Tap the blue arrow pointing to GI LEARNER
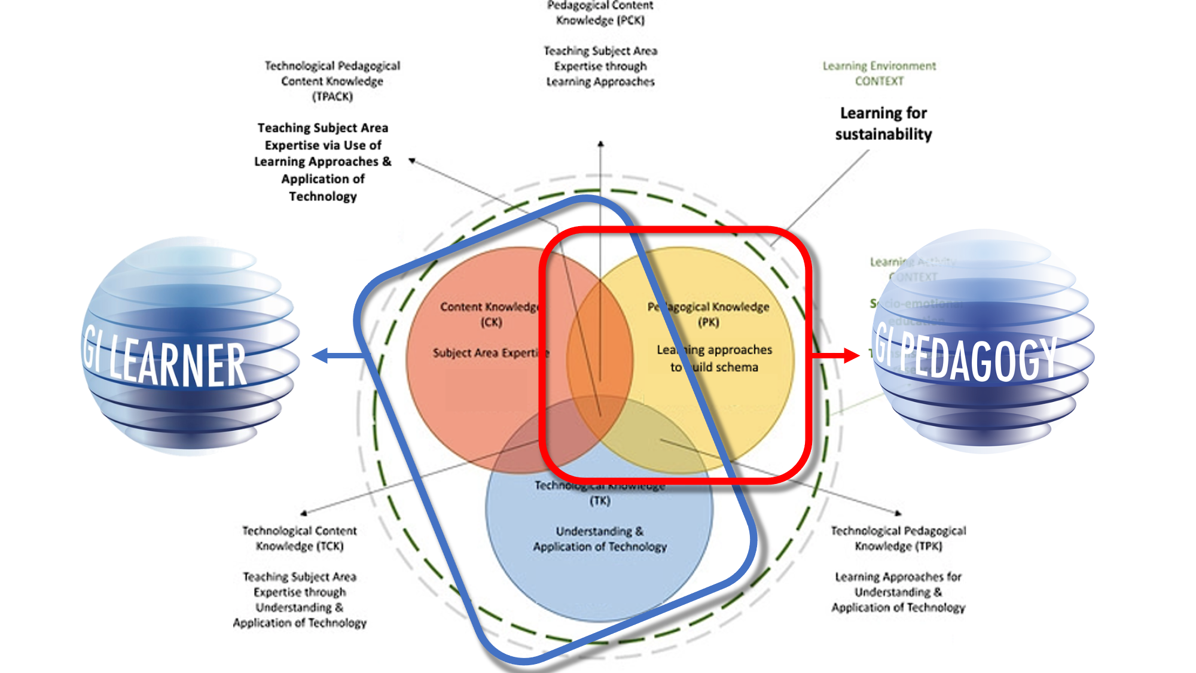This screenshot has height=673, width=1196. click(323, 356)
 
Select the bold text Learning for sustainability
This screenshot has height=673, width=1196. click(883, 124)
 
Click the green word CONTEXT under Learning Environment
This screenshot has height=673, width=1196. click(878, 81)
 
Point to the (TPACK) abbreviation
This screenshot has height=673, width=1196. click(332, 96)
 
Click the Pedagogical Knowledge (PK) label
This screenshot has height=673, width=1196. click(709, 314)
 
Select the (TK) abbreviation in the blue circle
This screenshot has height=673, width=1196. click(600, 501)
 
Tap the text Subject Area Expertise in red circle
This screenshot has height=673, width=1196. click(490, 353)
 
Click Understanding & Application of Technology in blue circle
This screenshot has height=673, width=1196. click(600, 539)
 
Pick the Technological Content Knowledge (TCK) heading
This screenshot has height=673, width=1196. click(300, 538)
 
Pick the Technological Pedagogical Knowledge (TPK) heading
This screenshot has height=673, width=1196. click(898, 538)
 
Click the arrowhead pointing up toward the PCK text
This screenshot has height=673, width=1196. click(600, 144)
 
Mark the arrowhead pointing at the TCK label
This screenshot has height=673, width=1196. click(304, 513)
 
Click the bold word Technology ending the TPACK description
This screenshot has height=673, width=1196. click(323, 196)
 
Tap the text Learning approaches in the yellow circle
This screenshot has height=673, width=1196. click(715, 350)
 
